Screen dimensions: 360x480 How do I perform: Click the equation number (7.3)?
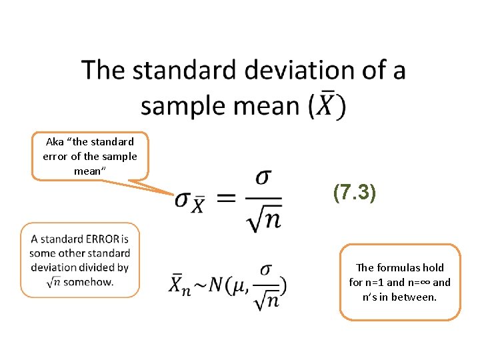coord(355,193)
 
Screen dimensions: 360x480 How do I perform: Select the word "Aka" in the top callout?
coord(54,141)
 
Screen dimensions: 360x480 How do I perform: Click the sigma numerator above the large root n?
coord(263,178)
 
